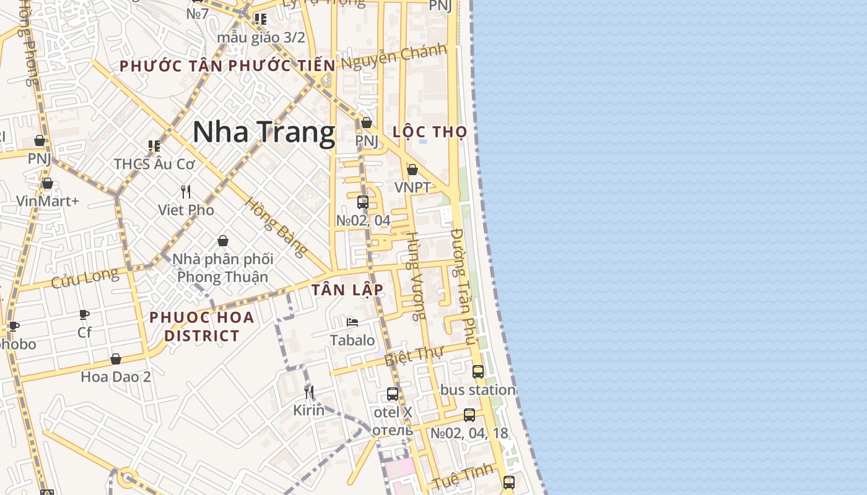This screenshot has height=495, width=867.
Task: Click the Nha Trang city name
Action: [x=264, y=132]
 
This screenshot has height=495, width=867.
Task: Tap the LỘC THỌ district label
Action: [x=430, y=132]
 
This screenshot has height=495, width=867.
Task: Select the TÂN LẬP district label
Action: [x=347, y=290]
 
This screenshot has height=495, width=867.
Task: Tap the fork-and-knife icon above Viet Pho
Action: [x=186, y=191]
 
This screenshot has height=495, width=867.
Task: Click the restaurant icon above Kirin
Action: [x=308, y=392]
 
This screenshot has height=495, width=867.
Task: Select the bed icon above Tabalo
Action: [x=352, y=322]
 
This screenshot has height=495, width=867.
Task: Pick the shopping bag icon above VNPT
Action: [x=412, y=170]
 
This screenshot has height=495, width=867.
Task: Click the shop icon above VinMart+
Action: [x=48, y=183]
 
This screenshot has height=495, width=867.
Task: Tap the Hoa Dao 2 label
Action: [x=116, y=376]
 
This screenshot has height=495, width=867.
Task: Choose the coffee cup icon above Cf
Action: [x=84, y=314]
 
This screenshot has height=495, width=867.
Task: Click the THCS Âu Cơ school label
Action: [x=154, y=164]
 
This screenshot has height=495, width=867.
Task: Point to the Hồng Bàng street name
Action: [x=276, y=227]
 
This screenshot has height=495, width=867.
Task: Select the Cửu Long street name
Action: [x=84, y=278]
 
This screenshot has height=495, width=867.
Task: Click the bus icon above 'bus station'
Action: [x=478, y=372]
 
